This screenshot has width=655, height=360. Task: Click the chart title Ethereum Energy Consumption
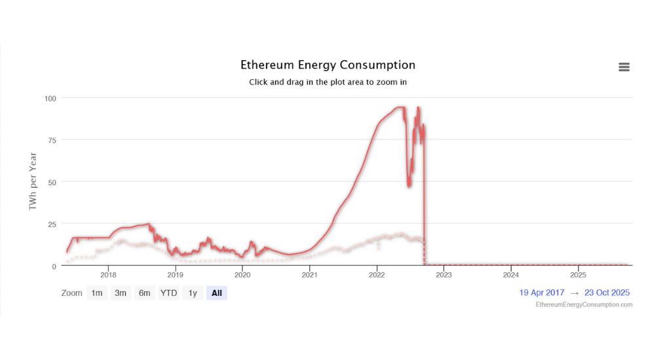click(327, 65)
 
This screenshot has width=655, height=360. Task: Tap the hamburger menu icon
click(624, 67)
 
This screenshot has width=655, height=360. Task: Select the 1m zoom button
click(97, 293)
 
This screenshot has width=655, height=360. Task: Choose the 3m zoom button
click(121, 293)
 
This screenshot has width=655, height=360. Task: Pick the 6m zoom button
click(144, 293)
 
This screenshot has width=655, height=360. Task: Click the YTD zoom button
click(169, 293)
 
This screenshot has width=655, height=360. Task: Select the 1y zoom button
click(193, 293)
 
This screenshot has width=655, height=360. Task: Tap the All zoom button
click(216, 293)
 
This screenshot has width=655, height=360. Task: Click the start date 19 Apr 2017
click(542, 293)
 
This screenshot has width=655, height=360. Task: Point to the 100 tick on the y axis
click(50, 98)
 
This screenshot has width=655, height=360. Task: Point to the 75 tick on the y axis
click(52, 140)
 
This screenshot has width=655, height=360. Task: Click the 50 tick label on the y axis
click(52, 182)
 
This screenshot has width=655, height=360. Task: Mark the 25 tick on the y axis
click(52, 224)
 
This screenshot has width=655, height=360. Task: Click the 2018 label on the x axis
click(109, 275)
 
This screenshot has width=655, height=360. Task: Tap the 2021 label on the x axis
click(309, 275)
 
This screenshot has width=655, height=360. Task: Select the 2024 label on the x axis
click(511, 275)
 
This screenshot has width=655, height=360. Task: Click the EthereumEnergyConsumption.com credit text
click(584, 304)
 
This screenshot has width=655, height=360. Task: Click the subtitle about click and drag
click(327, 82)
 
